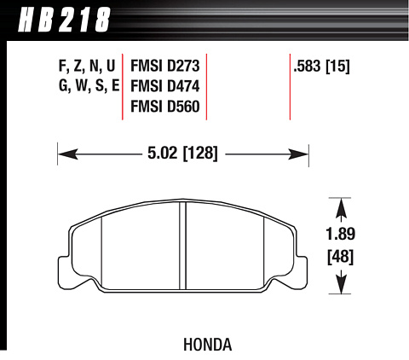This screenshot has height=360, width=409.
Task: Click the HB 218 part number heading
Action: tap(64, 20)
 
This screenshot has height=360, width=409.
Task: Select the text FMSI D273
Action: tap(165, 66)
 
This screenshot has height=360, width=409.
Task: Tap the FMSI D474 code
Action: tap(165, 86)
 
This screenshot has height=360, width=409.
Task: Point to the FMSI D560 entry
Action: tap(165, 107)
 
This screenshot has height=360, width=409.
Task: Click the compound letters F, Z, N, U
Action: tap(87, 67)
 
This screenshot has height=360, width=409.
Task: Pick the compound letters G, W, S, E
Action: tap(89, 86)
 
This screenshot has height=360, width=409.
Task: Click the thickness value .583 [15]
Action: tap(322, 67)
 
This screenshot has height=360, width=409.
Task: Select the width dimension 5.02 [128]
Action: tap(182, 154)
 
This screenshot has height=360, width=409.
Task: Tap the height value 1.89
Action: tap(341, 235)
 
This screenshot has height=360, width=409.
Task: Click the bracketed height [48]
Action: tap(341, 257)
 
